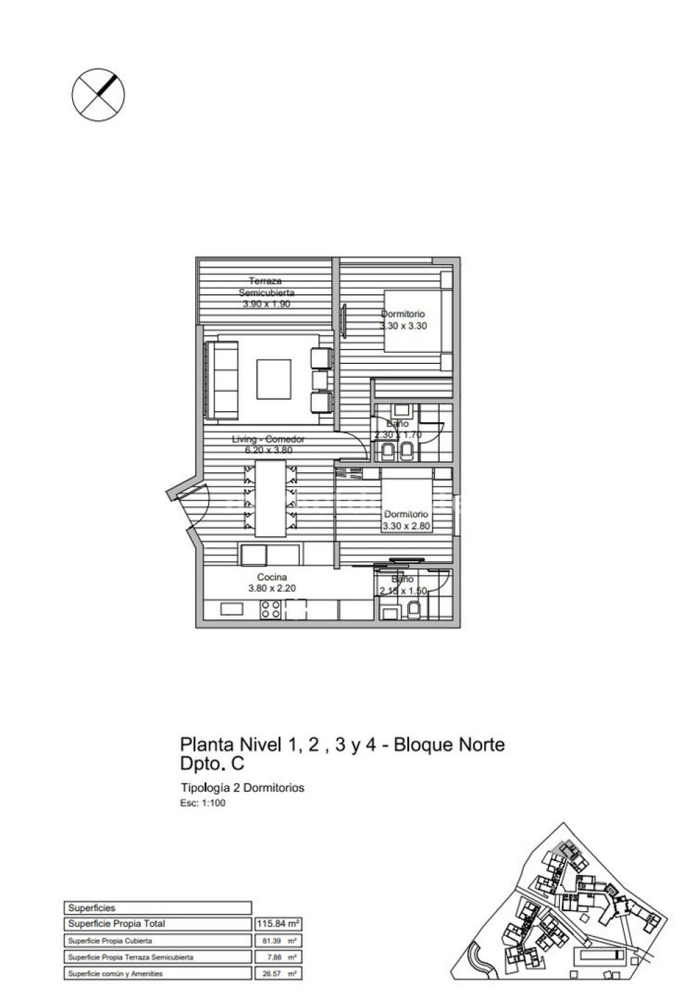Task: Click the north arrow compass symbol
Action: [99, 94]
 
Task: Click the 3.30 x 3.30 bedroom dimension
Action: [403, 326]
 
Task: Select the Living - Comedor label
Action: [268, 439]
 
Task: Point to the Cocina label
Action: [272, 577]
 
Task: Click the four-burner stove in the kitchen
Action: [271, 610]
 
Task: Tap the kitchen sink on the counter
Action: [232, 609]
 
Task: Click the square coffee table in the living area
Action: [274, 379]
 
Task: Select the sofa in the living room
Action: [224, 379]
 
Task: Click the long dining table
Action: [270, 498]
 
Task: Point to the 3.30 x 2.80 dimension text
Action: [406, 526]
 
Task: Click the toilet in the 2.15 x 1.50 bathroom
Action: [415, 610]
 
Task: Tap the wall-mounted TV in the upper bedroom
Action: [343, 320]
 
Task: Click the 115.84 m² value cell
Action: [278, 924]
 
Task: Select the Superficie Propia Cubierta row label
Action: [110, 941]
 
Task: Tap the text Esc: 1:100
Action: [203, 803]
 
